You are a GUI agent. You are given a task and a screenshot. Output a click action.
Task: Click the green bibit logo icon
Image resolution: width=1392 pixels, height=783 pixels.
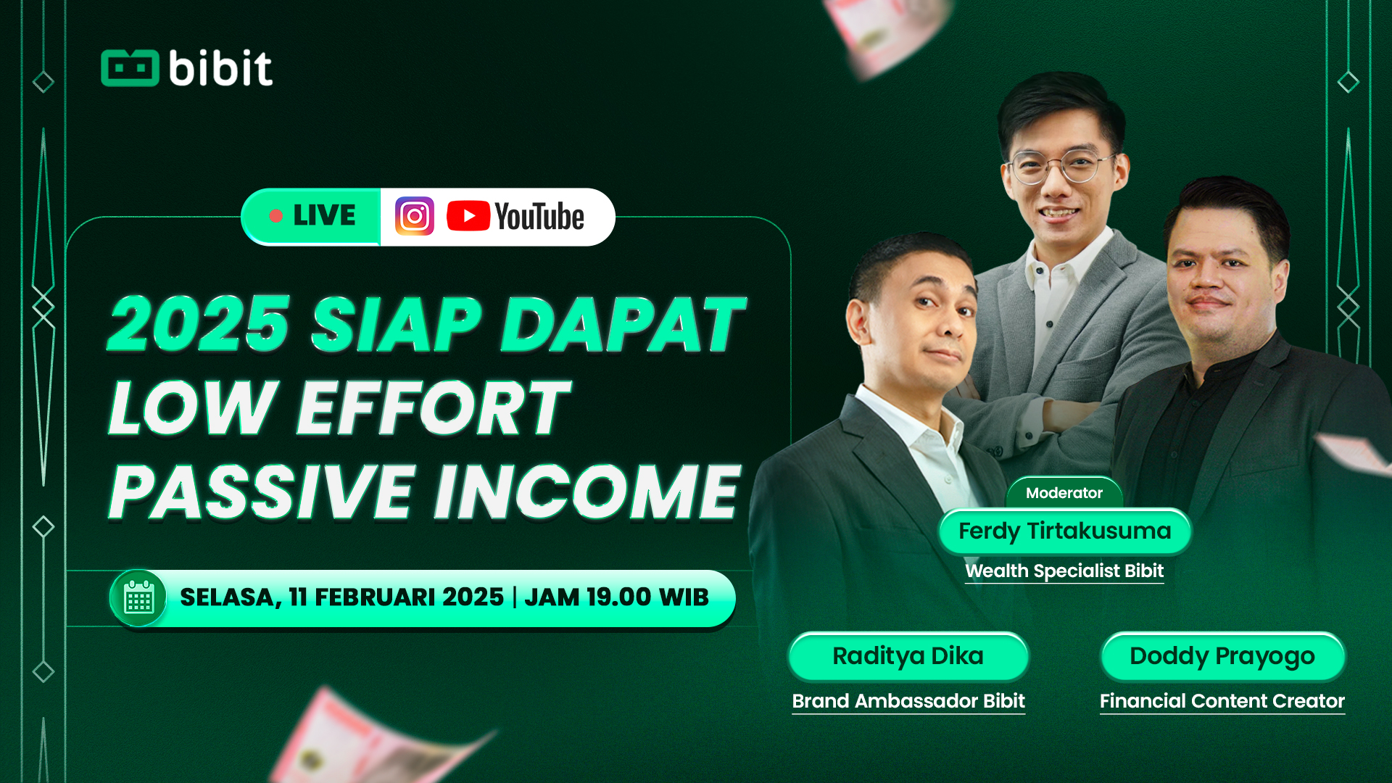tap(130, 68)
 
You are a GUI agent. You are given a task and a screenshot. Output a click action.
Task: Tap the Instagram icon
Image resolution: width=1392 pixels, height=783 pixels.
tap(415, 216)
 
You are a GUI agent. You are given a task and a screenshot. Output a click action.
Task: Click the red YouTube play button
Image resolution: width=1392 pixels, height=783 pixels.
tap(468, 216)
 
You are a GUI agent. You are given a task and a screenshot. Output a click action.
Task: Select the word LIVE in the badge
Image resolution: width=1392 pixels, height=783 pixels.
tap(324, 215)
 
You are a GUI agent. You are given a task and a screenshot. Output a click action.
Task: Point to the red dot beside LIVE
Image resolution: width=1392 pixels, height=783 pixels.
tap(275, 216)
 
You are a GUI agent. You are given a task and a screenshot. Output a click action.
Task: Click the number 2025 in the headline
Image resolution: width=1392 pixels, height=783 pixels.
tap(199, 324)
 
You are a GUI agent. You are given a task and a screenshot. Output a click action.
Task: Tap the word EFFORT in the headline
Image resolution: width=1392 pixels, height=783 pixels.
tap(434, 408)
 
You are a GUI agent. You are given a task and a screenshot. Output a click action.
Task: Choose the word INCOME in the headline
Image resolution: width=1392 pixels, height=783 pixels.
tap(588, 492)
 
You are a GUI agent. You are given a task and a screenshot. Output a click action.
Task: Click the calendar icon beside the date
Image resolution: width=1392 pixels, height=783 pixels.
tap(138, 598)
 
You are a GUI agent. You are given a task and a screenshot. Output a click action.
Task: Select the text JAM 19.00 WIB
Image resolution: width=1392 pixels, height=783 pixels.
tap(616, 597)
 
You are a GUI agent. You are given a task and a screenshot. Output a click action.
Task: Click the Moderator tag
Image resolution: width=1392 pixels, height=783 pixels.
tap(1064, 493)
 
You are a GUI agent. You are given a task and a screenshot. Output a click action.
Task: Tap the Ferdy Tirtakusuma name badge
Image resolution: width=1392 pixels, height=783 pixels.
tap(1064, 531)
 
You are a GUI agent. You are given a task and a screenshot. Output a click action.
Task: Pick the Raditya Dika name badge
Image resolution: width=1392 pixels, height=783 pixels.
tap(908, 656)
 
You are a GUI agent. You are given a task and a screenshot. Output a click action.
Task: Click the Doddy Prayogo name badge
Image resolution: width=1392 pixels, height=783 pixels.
tap(1222, 656)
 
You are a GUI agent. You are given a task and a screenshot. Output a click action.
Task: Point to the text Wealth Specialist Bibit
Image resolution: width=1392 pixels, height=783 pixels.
tap(1064, 571)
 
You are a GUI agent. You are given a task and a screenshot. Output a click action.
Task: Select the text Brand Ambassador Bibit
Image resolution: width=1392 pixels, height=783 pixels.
tap(908, 701)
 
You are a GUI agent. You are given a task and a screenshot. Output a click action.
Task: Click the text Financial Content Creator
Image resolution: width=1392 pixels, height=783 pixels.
tap(1222, 701)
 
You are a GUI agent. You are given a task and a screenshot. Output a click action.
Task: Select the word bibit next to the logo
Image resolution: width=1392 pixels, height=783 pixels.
tap(221, 68)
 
